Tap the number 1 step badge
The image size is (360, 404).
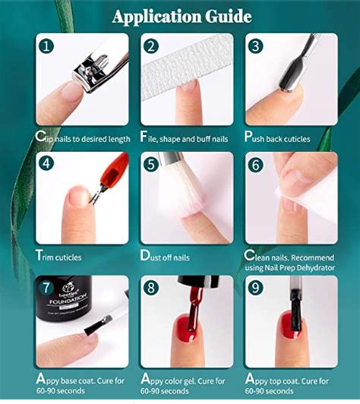point(47,46)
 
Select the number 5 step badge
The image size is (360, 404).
point(152,163)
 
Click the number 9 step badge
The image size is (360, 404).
point(257,289)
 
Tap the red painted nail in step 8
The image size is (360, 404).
point(187,327)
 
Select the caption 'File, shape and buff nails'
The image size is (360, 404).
point(186,137)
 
